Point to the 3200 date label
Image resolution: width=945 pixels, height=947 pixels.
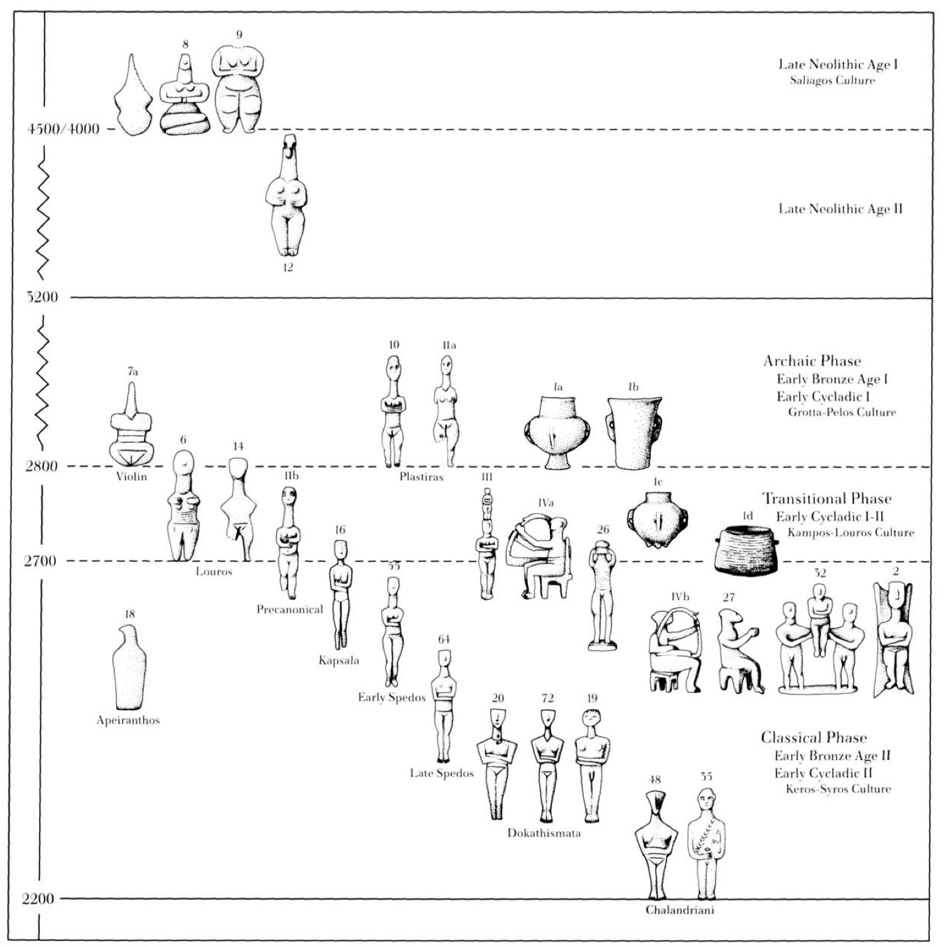tap(43, 297)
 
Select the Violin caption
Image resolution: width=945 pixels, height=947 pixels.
tap(131, 476)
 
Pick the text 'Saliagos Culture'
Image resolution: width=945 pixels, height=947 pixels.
tap(832, 81)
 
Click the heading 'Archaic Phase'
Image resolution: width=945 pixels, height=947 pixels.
tap(812, 362)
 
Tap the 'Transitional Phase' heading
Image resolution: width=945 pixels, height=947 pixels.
tap(826, 499)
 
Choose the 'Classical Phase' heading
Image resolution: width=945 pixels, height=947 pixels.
tap(814, 737)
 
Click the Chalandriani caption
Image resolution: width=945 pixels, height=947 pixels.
tap(680, 910)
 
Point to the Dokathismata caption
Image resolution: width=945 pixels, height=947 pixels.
tap(544, 833)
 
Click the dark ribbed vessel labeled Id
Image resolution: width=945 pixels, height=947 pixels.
tap(746, 549)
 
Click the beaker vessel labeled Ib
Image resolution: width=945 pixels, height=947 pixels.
tap(634, 431)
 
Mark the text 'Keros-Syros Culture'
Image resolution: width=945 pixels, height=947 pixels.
tap(838, 789)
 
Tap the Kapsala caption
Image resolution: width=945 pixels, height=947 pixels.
tap(339, 660)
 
